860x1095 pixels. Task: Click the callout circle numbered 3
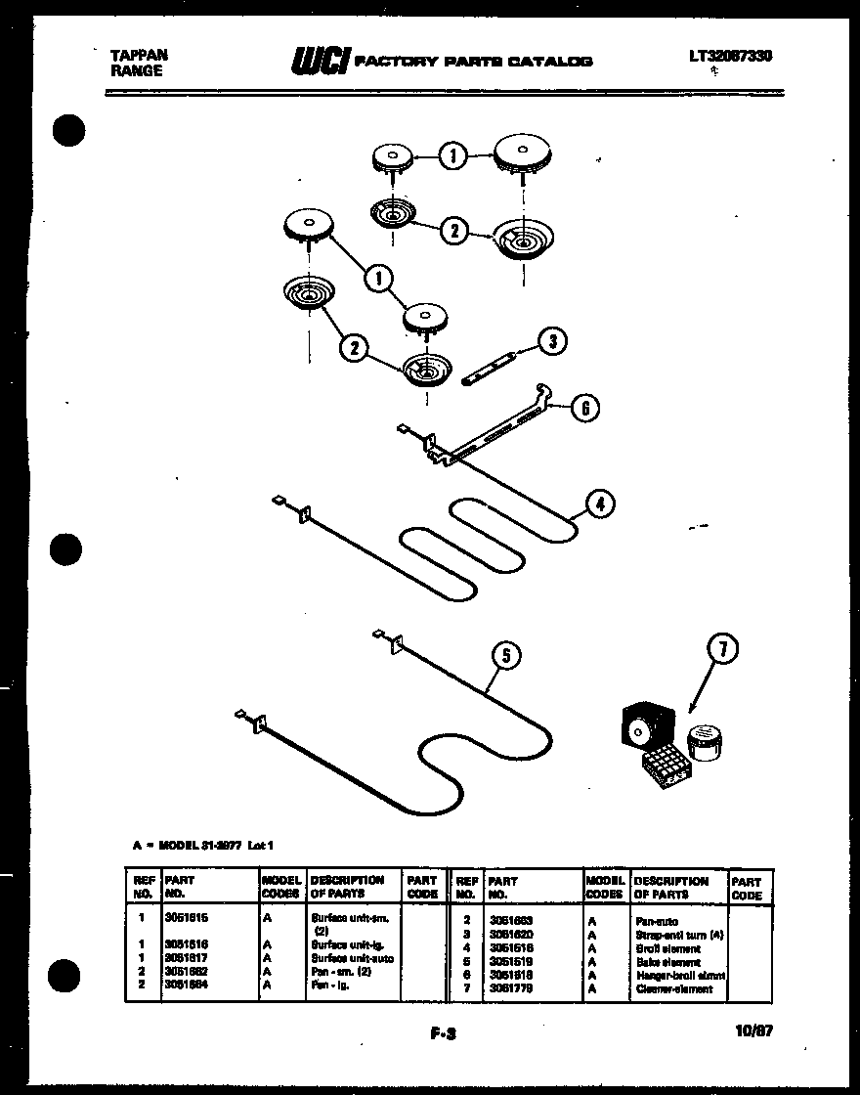(x=553, y=341)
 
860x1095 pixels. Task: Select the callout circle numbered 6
(x=584, y=408)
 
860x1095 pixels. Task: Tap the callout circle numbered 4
(x=600, y=504)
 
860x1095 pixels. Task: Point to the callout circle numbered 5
(x=506, y=655)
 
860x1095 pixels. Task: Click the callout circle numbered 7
(x=722, y=648)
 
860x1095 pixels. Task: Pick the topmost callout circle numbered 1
(x=451, y=155)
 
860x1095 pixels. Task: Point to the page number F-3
(x=443, y=1031)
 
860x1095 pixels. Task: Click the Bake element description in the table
(x=666, y=962)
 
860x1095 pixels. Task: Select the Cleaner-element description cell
(x=673, y=988)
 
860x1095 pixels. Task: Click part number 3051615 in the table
(x=188, y=920)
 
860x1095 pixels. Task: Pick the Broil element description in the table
(x=666, y=949)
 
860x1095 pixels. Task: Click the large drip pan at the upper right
(x=522, y=240)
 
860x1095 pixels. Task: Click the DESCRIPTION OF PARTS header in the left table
(x=347, y=887)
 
